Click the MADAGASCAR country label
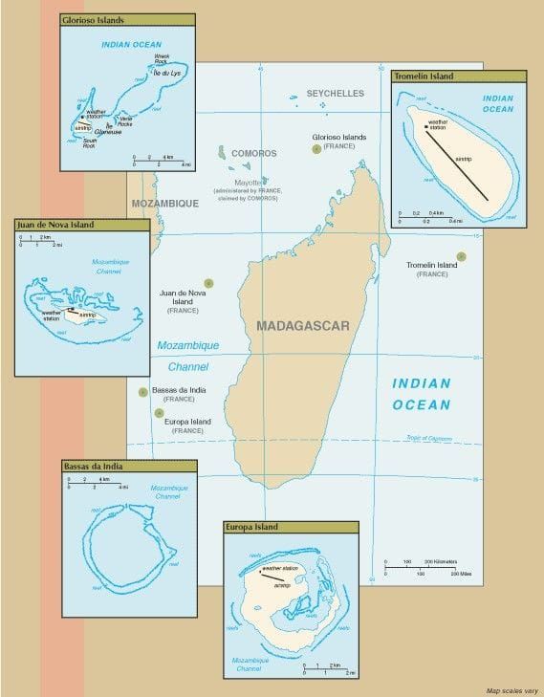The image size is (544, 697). point(303,326)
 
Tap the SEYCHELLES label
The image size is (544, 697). point(336,94)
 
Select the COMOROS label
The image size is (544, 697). point(253,153)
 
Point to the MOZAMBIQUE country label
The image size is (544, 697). point(164,204)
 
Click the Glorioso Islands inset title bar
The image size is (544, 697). point(126,19)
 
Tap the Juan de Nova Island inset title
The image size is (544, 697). point(81,225)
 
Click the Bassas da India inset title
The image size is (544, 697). point(129,466)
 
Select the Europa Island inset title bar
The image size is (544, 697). point(291,527)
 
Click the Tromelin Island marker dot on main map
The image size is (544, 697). point(462,255)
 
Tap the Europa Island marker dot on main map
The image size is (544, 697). point(158,412)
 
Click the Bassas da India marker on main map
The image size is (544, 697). point(142,391)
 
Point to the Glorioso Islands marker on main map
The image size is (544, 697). point(316,149)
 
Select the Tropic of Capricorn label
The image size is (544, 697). point(431,437)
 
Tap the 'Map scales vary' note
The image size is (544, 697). point(511,690)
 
